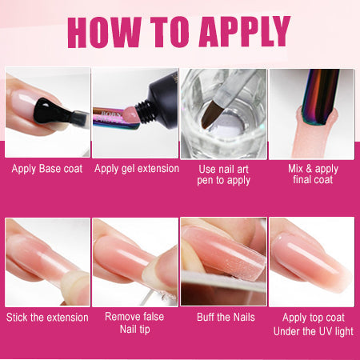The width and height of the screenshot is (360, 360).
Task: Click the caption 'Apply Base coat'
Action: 46,169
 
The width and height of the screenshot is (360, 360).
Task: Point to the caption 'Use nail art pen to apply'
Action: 223,174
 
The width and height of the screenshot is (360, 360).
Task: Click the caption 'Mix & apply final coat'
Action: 313,174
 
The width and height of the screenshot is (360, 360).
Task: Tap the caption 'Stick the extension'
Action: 47,317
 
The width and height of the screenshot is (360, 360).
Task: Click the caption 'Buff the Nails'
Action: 224,317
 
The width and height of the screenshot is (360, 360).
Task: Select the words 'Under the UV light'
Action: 313,331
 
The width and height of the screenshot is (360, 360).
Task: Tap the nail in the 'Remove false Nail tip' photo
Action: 128,256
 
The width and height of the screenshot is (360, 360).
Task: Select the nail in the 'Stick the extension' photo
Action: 40,256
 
